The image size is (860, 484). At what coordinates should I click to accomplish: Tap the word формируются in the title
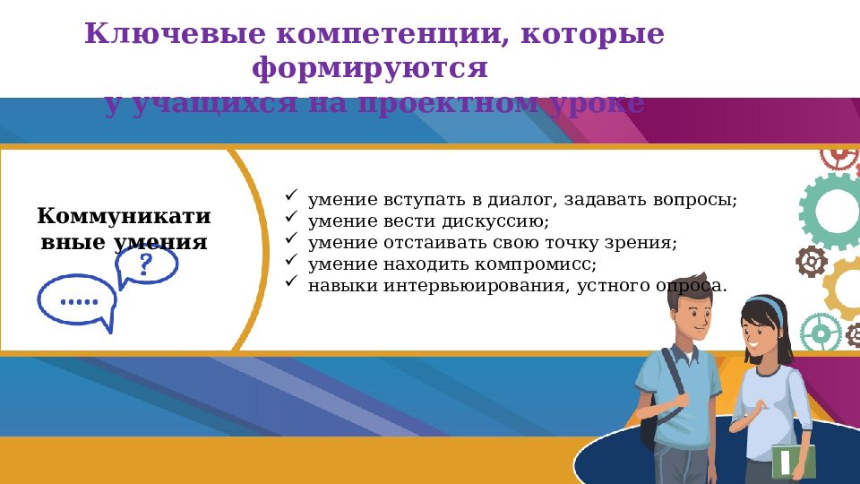pos(370,68)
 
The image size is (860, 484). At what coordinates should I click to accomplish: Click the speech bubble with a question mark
pos(147,265)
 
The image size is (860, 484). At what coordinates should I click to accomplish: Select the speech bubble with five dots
pos(77,301)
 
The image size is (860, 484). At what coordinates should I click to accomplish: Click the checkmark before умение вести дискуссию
pos(290,218)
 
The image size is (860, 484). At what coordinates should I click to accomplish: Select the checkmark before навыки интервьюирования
pos(290,282)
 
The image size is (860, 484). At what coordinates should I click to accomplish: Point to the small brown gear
pos(812,262)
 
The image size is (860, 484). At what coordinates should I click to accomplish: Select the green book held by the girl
pos(795,461)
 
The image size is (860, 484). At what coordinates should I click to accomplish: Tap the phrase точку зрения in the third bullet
pos(629,243)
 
